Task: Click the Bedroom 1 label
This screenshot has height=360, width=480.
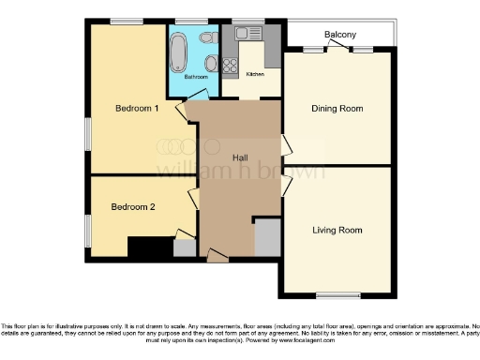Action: [x=136, y=109]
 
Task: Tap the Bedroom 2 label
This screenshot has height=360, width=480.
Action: [x=132, y=207]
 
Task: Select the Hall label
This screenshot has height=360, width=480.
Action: [x=239, y=159]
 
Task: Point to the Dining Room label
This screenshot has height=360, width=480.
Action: [x=337, y=109]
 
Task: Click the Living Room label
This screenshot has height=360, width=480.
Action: [x=337, y=230]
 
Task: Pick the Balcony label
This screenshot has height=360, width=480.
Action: [x=339, y=36]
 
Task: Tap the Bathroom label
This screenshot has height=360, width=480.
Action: [x=196, y=76]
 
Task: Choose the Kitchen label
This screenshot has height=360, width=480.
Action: [x=255, y=73]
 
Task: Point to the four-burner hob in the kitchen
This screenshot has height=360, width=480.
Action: [x=231, y=65]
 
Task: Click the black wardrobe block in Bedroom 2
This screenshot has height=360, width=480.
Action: [x=149, y=248]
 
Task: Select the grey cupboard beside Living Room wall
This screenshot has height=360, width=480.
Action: [x=267, y=237]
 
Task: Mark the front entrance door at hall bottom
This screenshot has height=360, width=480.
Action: [x=217, y=253]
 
